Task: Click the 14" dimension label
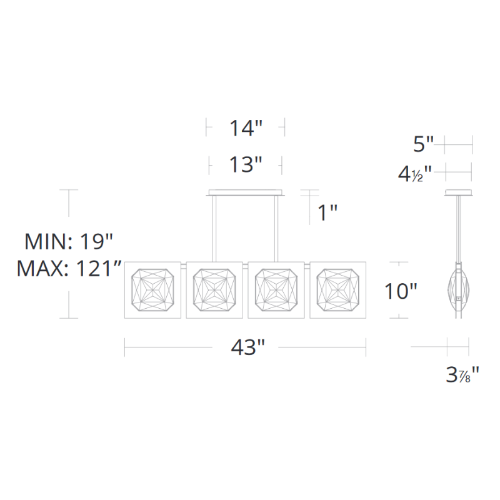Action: coord(246,128)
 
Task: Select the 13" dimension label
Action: coord(246,165)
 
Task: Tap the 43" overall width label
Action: coord(247,347)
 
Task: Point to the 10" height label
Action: coord(401,291)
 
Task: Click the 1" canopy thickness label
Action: coord(327,212)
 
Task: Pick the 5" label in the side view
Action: coord(424,144)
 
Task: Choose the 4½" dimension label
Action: coord(414,174)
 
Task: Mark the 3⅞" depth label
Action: coord(462,374)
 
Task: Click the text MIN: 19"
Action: coord(69,241)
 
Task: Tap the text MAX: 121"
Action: coord(69,269)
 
